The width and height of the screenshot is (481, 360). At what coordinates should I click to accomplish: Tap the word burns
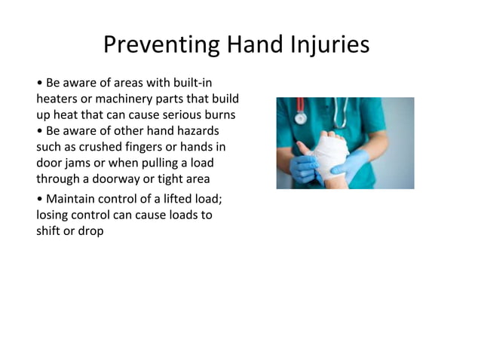point(218,114)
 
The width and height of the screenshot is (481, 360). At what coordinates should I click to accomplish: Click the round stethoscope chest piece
point(300,117)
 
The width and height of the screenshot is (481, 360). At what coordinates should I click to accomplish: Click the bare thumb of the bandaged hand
point(303,148)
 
